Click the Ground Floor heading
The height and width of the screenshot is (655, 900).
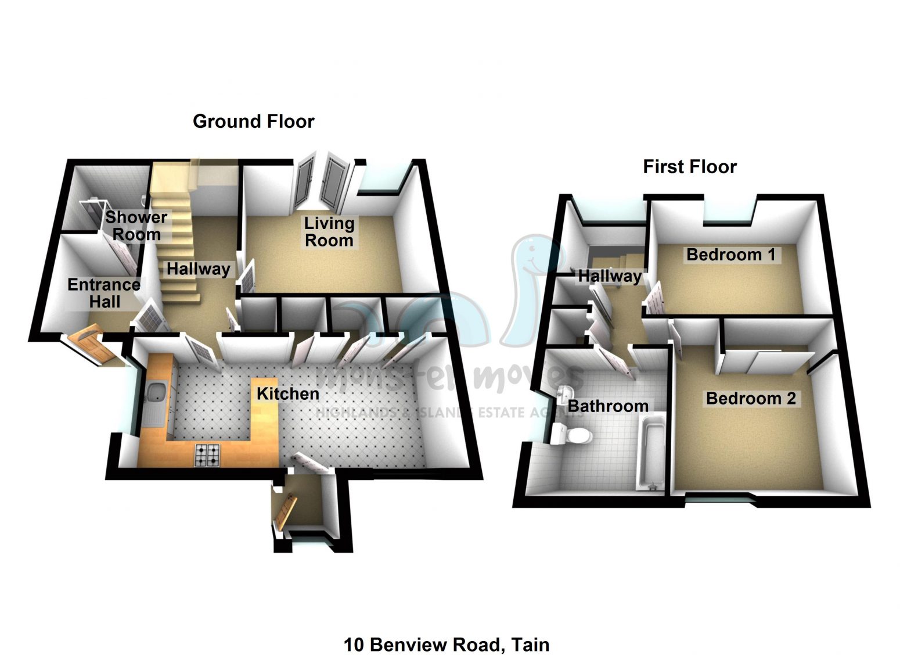[253, 121]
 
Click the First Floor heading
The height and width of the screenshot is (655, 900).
[689, 167]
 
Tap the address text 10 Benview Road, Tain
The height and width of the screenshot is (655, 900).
[446, 645]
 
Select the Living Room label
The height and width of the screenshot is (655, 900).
[329, 232]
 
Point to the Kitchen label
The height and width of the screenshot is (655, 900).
[288, 393]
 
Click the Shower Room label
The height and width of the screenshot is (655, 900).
[136, 226]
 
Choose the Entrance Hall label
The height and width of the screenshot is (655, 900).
[104, 293]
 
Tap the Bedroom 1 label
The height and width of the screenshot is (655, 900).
[730, 255]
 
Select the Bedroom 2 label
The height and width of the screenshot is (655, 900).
[750, 399]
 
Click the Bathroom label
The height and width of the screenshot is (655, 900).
[608, 406]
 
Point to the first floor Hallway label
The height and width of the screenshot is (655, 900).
[609, 276]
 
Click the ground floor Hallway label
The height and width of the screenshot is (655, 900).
[199, 269]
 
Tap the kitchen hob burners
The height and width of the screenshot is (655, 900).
[208, 455]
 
